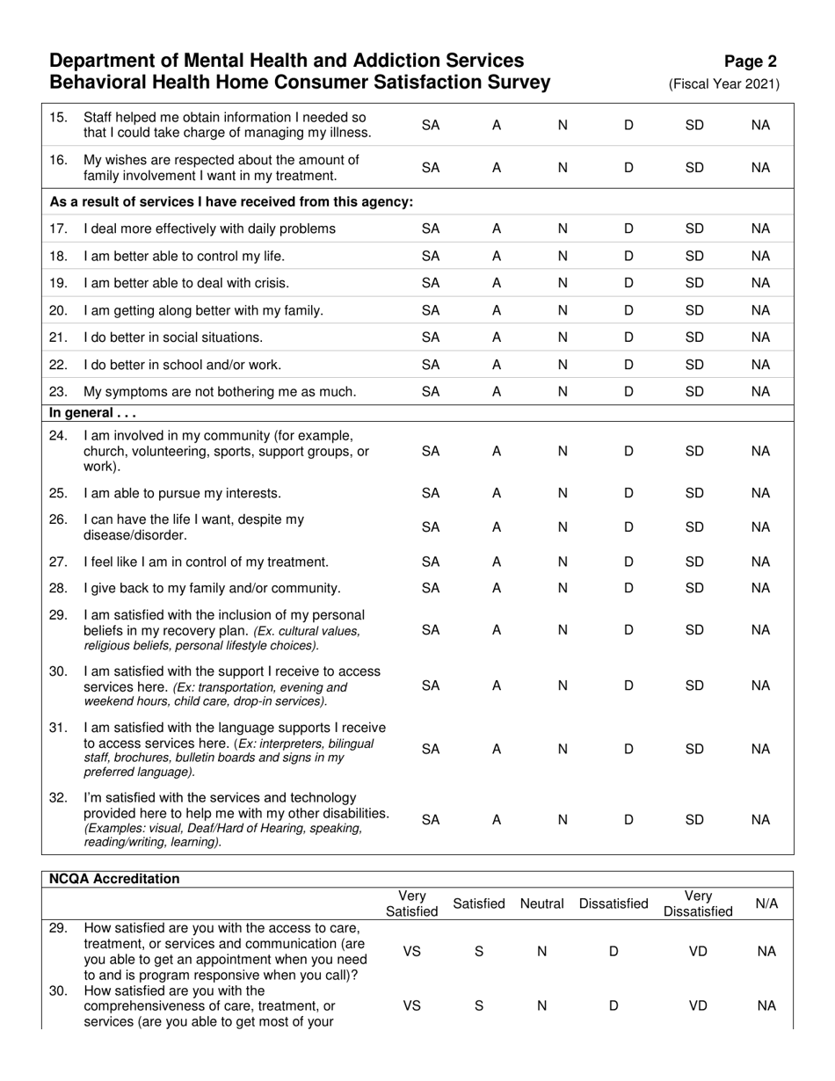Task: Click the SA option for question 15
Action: pyautogui.click(x=431, y=126)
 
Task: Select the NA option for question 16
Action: pyautogui.click(x=761, y=167)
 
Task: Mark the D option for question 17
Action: pyautogui.click(x=628, y=229)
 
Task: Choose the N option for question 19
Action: pyautogui.click(x=563, y=283)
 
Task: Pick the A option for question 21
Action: pyautogui.click(x=497, y=337)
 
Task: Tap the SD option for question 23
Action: pyautogui.click(x=694, y=392)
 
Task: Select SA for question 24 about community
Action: pyautogui.click(x=431, y=451)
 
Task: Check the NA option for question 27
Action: pyautogui.click(x=761, y=562)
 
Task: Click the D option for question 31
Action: pyautogui.click(x=628, y=749)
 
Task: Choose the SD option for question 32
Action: pyautogui.click(x=694, y=819)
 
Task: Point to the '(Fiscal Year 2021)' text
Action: pyautogui.click(x=724, y=84)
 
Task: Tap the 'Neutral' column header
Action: pyautogui.click(x=541, y=903)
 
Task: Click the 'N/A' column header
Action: pyautogui.click(x=766, y=903)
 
